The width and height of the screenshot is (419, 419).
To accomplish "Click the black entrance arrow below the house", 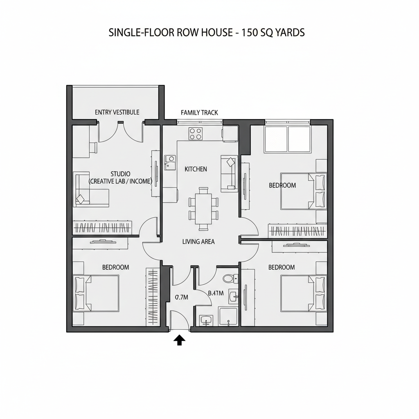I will click(x=179, y=340).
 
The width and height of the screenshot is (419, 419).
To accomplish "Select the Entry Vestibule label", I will click(x=117, y=112).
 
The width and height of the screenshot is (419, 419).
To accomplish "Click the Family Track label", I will click(x=199, y=113).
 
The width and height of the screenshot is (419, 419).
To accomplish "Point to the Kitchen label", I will click(x=196, y=169).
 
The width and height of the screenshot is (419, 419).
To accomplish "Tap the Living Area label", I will click(x=198, y=242).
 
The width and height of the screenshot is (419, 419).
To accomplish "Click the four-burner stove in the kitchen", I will click(x=196, y=133).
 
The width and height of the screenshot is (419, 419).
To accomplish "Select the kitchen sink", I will click(x=169, y=162).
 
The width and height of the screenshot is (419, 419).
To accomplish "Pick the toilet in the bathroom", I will click(x=228, y=279).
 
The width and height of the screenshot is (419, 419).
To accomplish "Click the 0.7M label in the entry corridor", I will click(x=181, y=297).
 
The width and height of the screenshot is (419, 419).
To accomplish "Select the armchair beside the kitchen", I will click(x=229, y=173).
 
